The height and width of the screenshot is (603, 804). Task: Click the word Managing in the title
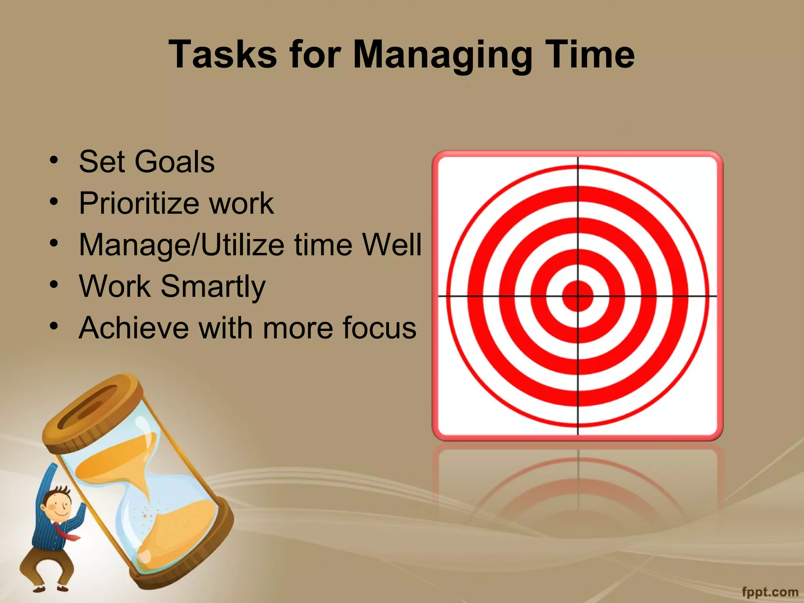[442, 55]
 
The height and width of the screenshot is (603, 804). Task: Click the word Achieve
[133, 328]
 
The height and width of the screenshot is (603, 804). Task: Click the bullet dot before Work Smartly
[54, 283]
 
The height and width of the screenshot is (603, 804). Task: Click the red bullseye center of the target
[577, 296]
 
